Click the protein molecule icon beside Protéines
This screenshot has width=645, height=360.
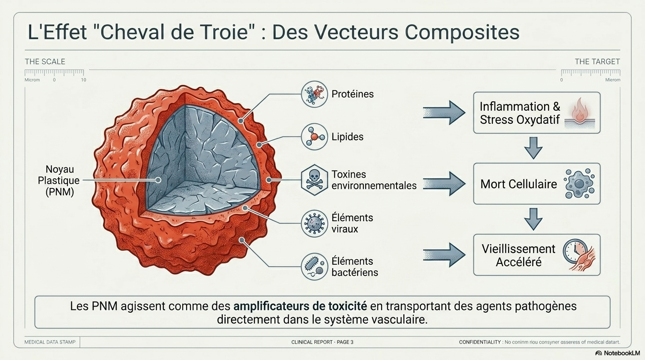[314, 94]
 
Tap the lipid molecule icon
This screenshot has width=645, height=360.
[314, 137]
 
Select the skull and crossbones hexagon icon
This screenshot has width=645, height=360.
[314, 180]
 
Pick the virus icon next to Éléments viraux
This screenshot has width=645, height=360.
[314, 223]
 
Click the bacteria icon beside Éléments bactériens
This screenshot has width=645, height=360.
[314, 266]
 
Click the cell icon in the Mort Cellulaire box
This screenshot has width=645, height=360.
[579, 184]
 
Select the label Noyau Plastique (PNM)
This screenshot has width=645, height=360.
[60, 180]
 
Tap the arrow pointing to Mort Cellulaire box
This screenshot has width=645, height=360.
[443, 184]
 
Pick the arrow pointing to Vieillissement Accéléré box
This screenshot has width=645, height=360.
[443, 255]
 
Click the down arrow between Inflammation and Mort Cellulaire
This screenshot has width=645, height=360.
[533, 148]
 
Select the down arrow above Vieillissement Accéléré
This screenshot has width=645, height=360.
[533, 219]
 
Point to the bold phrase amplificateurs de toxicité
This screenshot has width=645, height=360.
[300, 307]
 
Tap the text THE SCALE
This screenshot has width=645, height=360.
[45, 62]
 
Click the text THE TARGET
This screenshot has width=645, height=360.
[597, 62]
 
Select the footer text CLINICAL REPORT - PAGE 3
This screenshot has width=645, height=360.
[322, 342]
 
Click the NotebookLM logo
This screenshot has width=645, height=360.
[617, 353]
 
